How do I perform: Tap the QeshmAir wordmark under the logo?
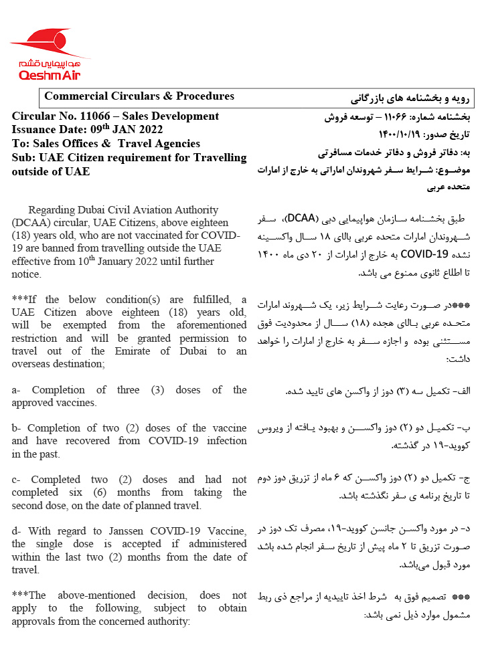[x=50, y=76]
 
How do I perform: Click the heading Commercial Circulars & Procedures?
[x=139, y=96]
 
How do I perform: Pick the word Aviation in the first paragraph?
[x=139, y=210]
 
